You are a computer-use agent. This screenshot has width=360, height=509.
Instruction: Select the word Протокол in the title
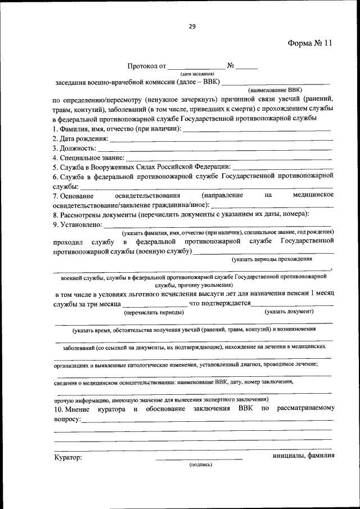pyautogui.click(x=143, y=66)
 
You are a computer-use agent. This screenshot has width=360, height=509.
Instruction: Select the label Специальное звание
pyautogui.click(x=84, y=158)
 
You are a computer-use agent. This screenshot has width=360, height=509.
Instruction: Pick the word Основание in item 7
pyautogui.click(x=73, y=195)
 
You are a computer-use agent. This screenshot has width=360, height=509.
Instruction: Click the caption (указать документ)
pyautogui.click(x=289, y=312)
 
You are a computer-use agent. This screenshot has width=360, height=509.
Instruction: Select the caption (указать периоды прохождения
pyautogui.click(x=272, y=259)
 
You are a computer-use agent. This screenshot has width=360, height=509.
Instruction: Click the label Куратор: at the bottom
pyautogui.click(x=68, y=457)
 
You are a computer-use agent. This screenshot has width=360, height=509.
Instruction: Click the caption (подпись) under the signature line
pyautogui.click(x=200, y=465)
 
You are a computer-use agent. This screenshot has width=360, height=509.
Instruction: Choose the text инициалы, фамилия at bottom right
pyautogui.click(x=303, y=456)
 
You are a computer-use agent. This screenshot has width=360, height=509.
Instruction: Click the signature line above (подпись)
pyautogui.click(x=200, y=459)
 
